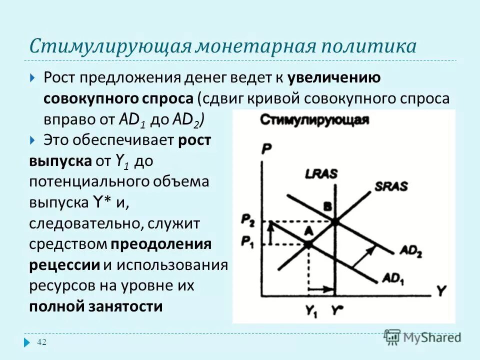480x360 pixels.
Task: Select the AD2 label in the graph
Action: click(x=411, y=251)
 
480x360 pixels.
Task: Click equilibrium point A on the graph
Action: click(x=308, y=244)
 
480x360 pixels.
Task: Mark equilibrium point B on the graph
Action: click(x=334, y=220)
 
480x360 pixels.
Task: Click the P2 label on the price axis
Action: click(x=247, y=219)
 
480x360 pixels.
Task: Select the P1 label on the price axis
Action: click(x=247, y=241)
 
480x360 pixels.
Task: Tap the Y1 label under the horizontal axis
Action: click(x=311, y=310)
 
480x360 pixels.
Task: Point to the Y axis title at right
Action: click(x=440, y=290)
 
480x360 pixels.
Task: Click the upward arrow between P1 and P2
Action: click(x=270, y=233)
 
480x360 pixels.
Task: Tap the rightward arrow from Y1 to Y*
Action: click(x=322, y=289)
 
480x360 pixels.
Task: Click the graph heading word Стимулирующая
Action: click(x=314, y=120)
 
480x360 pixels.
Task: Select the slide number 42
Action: click(x=42, y=342)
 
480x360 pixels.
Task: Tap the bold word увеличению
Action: click(x=334, y=78)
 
